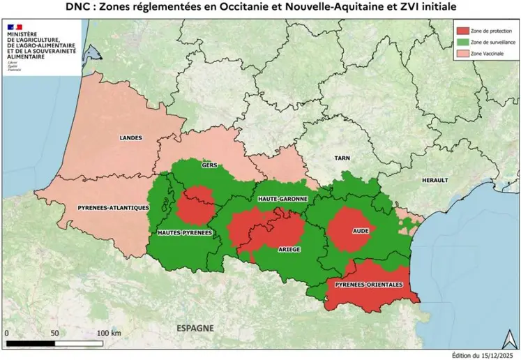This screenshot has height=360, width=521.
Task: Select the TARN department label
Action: coord(342,158)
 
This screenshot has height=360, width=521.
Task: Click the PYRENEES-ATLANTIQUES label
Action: coord(113,207)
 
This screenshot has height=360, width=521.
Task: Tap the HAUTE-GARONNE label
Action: coord(283,199)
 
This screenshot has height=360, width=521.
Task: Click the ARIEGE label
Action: coord(289,248)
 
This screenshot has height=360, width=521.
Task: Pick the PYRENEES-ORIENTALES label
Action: coord(369,285)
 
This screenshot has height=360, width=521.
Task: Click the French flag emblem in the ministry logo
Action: coord(16,26)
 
